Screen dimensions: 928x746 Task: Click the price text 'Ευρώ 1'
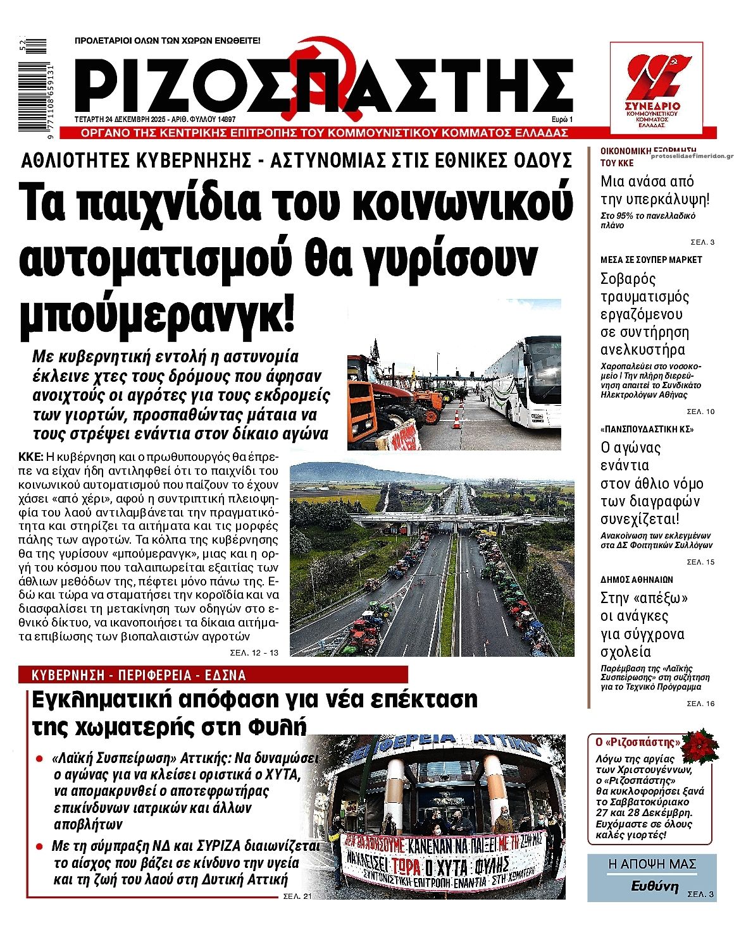tap(561, 119)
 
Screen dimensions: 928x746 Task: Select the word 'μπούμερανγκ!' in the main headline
tap(158, 314)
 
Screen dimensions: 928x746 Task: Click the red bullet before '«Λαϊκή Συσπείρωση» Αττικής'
tap(39, 758)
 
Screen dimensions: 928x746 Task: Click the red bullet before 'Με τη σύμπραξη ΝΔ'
tap(39, 846)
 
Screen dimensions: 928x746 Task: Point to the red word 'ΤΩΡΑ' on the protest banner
tap(410, 865)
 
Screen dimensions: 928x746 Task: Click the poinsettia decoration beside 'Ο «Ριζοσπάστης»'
tap(700, 745)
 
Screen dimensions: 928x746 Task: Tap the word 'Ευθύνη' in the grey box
tap(654, 886)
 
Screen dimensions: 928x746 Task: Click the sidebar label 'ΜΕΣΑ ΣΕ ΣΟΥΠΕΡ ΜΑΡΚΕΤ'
tap(651, 260)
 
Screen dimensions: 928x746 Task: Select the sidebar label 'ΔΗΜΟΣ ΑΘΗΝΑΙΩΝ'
tap(637, 579)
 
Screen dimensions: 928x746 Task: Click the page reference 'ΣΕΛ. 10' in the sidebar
tap(700, 412)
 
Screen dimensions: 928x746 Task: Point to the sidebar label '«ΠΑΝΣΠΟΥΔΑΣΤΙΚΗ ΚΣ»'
tap(647, 429)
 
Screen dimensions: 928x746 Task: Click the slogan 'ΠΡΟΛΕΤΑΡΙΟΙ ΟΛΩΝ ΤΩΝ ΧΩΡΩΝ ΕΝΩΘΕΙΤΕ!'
tap(168, 40)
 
